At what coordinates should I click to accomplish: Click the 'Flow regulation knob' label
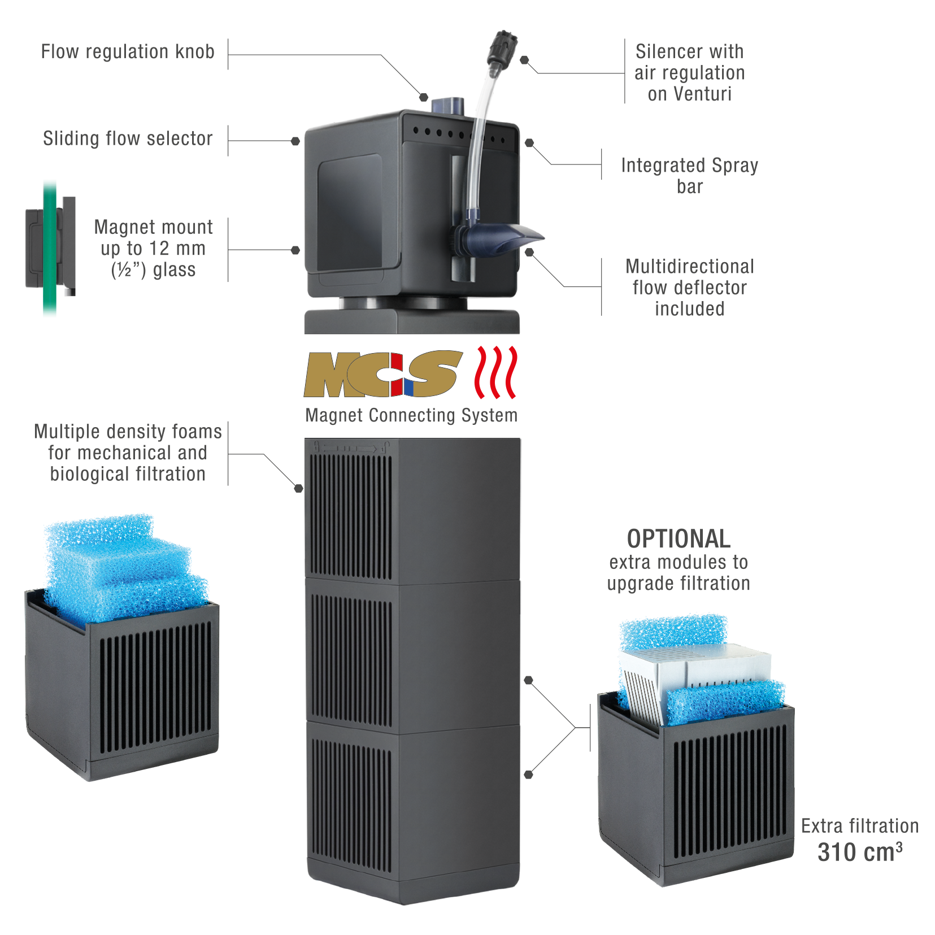click(x=128, y=52)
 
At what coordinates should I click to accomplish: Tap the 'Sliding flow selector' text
click(x=128, y=139)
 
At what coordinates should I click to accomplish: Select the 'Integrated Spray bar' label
click(x=689, y=175)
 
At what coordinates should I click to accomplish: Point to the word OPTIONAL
click(x=678, y=539)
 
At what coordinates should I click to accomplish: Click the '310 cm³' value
click(x=859, y=852)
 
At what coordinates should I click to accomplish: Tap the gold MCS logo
click(x=382, y=374)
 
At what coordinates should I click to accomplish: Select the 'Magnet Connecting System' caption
click(x=411, y=416)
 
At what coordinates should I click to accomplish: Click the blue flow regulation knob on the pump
click(x=448, y=105)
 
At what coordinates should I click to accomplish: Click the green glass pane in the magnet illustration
click(x=50, y=249)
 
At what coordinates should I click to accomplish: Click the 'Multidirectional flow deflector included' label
click(x=689, y=288)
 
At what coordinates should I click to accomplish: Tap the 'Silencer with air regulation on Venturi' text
click(x=689, y=73)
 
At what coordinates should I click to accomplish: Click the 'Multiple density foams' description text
click(x=128, y=453)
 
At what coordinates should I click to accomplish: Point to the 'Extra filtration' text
click(x=859, y=826)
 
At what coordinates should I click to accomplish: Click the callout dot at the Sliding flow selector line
click(x=295, y=141)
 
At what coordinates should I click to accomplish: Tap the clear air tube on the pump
click(x=480, y=141)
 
